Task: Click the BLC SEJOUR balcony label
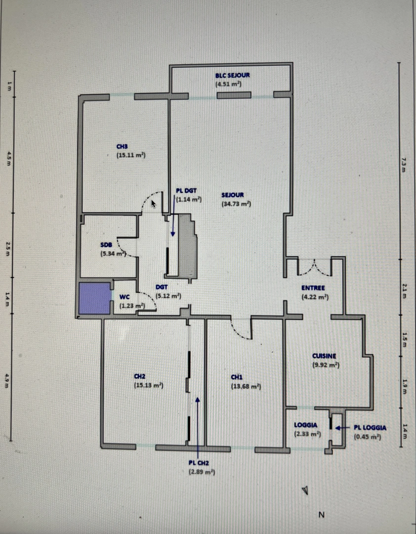[232, 76]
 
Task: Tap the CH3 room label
[122, 146]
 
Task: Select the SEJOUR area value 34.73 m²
[237, 204]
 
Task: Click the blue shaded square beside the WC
[94, 298]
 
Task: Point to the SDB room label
[106, 245]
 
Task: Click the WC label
[125, 298]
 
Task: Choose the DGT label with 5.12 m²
[162, 287]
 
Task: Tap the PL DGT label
[186, 190]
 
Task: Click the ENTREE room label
[313, 288]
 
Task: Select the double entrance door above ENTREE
[314, 267]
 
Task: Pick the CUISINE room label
[324, 356]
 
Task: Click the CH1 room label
[237, 377]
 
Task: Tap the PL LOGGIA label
[370, 428]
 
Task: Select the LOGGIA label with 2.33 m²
[305, 425]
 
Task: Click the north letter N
[321, 515]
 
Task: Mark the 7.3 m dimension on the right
[403, 162]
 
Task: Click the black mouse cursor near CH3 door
[154, 203]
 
